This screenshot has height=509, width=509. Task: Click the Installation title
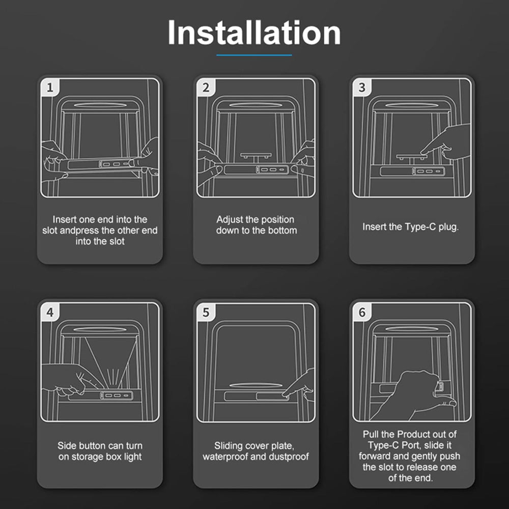coord(254,33)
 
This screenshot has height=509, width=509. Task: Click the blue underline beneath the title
coord(254,55)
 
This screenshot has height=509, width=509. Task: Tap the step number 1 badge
coord(50,88)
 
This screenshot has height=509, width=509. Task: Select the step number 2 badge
coord(206,88)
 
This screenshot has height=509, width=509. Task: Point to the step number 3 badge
coord(361,88)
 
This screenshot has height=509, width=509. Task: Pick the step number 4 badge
coord(50,313)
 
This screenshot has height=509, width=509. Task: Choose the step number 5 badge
coord(206,313)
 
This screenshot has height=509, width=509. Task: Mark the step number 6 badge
coord(361,313)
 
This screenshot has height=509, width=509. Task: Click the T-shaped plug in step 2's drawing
coord(256,157)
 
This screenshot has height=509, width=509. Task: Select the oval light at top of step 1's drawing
coord(100,105)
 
